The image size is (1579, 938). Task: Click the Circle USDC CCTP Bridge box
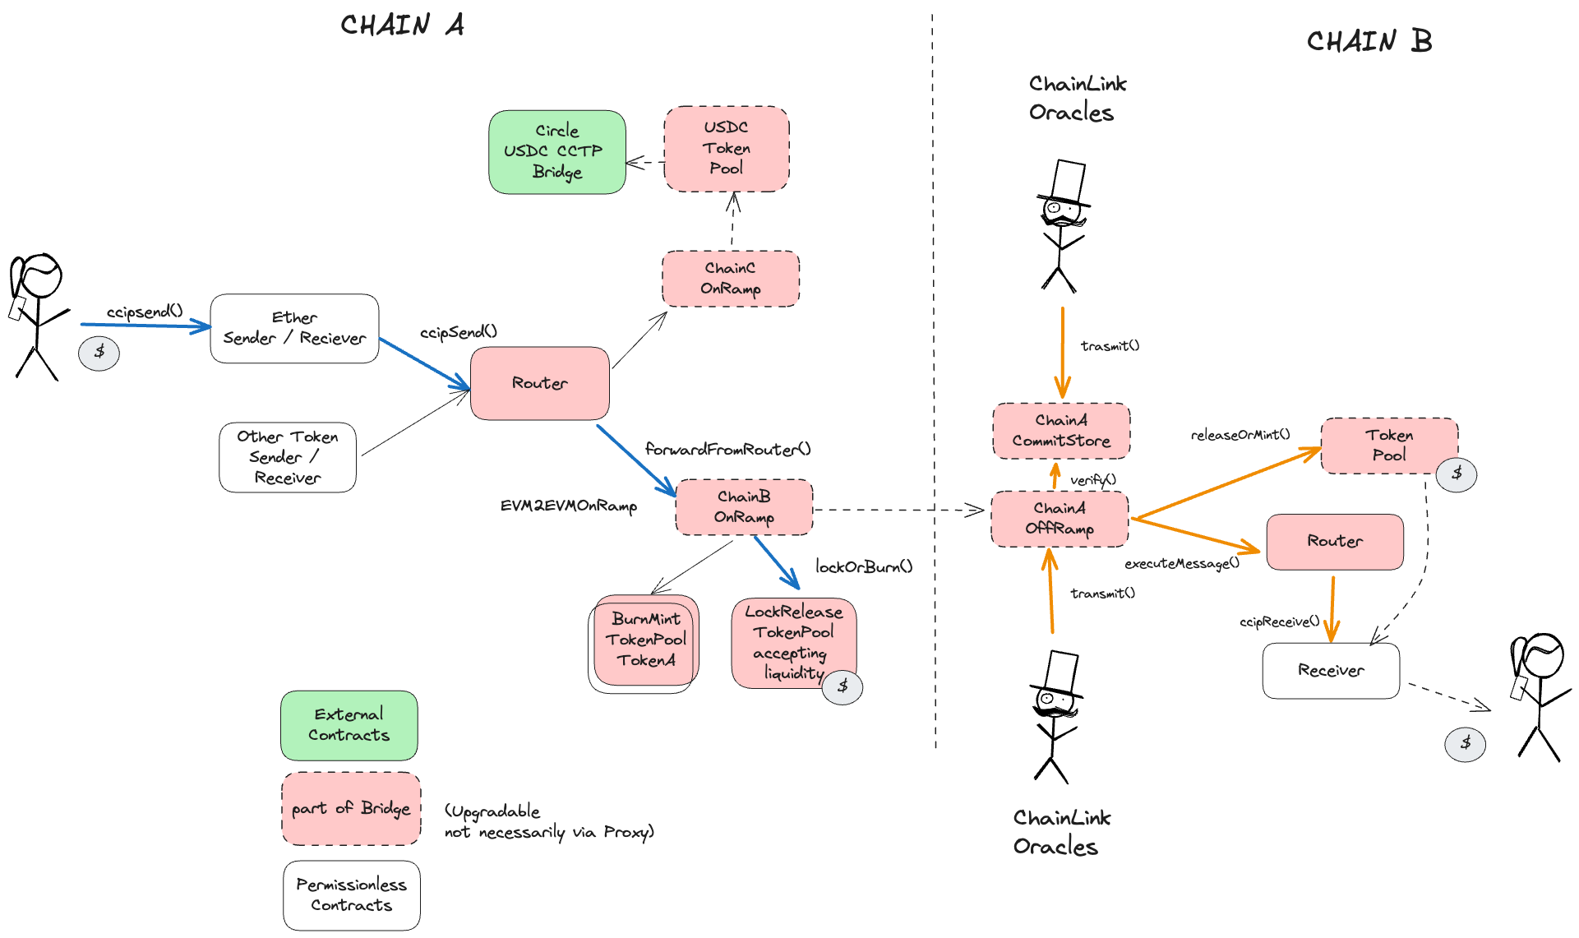(557, 152)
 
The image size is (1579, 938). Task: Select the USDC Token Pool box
(727, 149)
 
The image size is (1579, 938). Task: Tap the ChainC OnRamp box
(731, 279)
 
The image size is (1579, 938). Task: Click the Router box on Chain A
(540, 383)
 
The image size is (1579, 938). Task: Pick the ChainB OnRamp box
(744, 507)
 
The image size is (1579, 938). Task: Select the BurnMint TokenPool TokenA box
(646, 640)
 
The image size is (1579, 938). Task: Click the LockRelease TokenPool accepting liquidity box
(793, 642)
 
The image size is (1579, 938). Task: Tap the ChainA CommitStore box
(1061, 431)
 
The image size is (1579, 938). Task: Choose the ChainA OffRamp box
(1060, 519)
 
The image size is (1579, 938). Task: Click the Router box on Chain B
(1335, 542)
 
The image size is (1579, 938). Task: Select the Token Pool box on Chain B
(1389, 446)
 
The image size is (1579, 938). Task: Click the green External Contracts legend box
(349, 725)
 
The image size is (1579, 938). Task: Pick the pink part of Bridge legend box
(351, 809)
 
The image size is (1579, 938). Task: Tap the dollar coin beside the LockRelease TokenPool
(843, 687)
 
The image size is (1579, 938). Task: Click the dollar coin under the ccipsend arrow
(99, 353)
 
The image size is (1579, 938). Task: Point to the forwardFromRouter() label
(727, 450)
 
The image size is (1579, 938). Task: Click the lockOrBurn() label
(863, 567)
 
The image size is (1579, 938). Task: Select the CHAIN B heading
(1369, 41)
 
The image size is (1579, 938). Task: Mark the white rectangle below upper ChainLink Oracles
(1068, 181)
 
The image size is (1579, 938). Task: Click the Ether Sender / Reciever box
(294, 329)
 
